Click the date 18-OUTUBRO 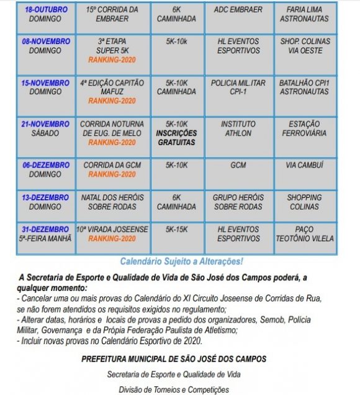[x=46, y=10]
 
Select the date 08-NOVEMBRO [x=46, y=42]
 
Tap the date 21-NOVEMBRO [x=46, y=124]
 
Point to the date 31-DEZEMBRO [x=46, y=229]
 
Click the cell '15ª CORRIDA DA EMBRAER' [x=112, y=14]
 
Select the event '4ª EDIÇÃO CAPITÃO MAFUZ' [x=112, y=87]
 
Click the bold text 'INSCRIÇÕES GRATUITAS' [x=176, y=138]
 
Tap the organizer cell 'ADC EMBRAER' [x=238, y=10]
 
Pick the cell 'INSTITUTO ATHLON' [x=238, y=128]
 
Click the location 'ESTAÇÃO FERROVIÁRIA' [x=304, y=128]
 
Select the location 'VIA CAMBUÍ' [x=304, y=166]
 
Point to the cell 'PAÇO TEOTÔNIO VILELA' [x=304, y=234]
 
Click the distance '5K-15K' [x=176, y=229]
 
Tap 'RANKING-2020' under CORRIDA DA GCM [x=112, y=174]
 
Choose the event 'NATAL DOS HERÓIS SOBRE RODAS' [x=112, y=202]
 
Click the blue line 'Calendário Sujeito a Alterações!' [x=181, y=262]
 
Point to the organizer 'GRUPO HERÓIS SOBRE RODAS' [x=238, y=202]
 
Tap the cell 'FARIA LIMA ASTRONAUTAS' [x=304, y=14]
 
